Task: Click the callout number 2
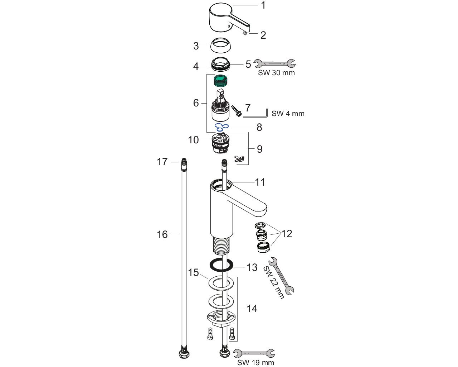pos(263,35)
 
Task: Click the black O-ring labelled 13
pos(221,266)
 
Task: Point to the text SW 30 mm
pos(276,73)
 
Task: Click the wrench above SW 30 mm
pos(275,63)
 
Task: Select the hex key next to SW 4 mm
pos(255,116)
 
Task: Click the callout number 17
pos(162,162)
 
